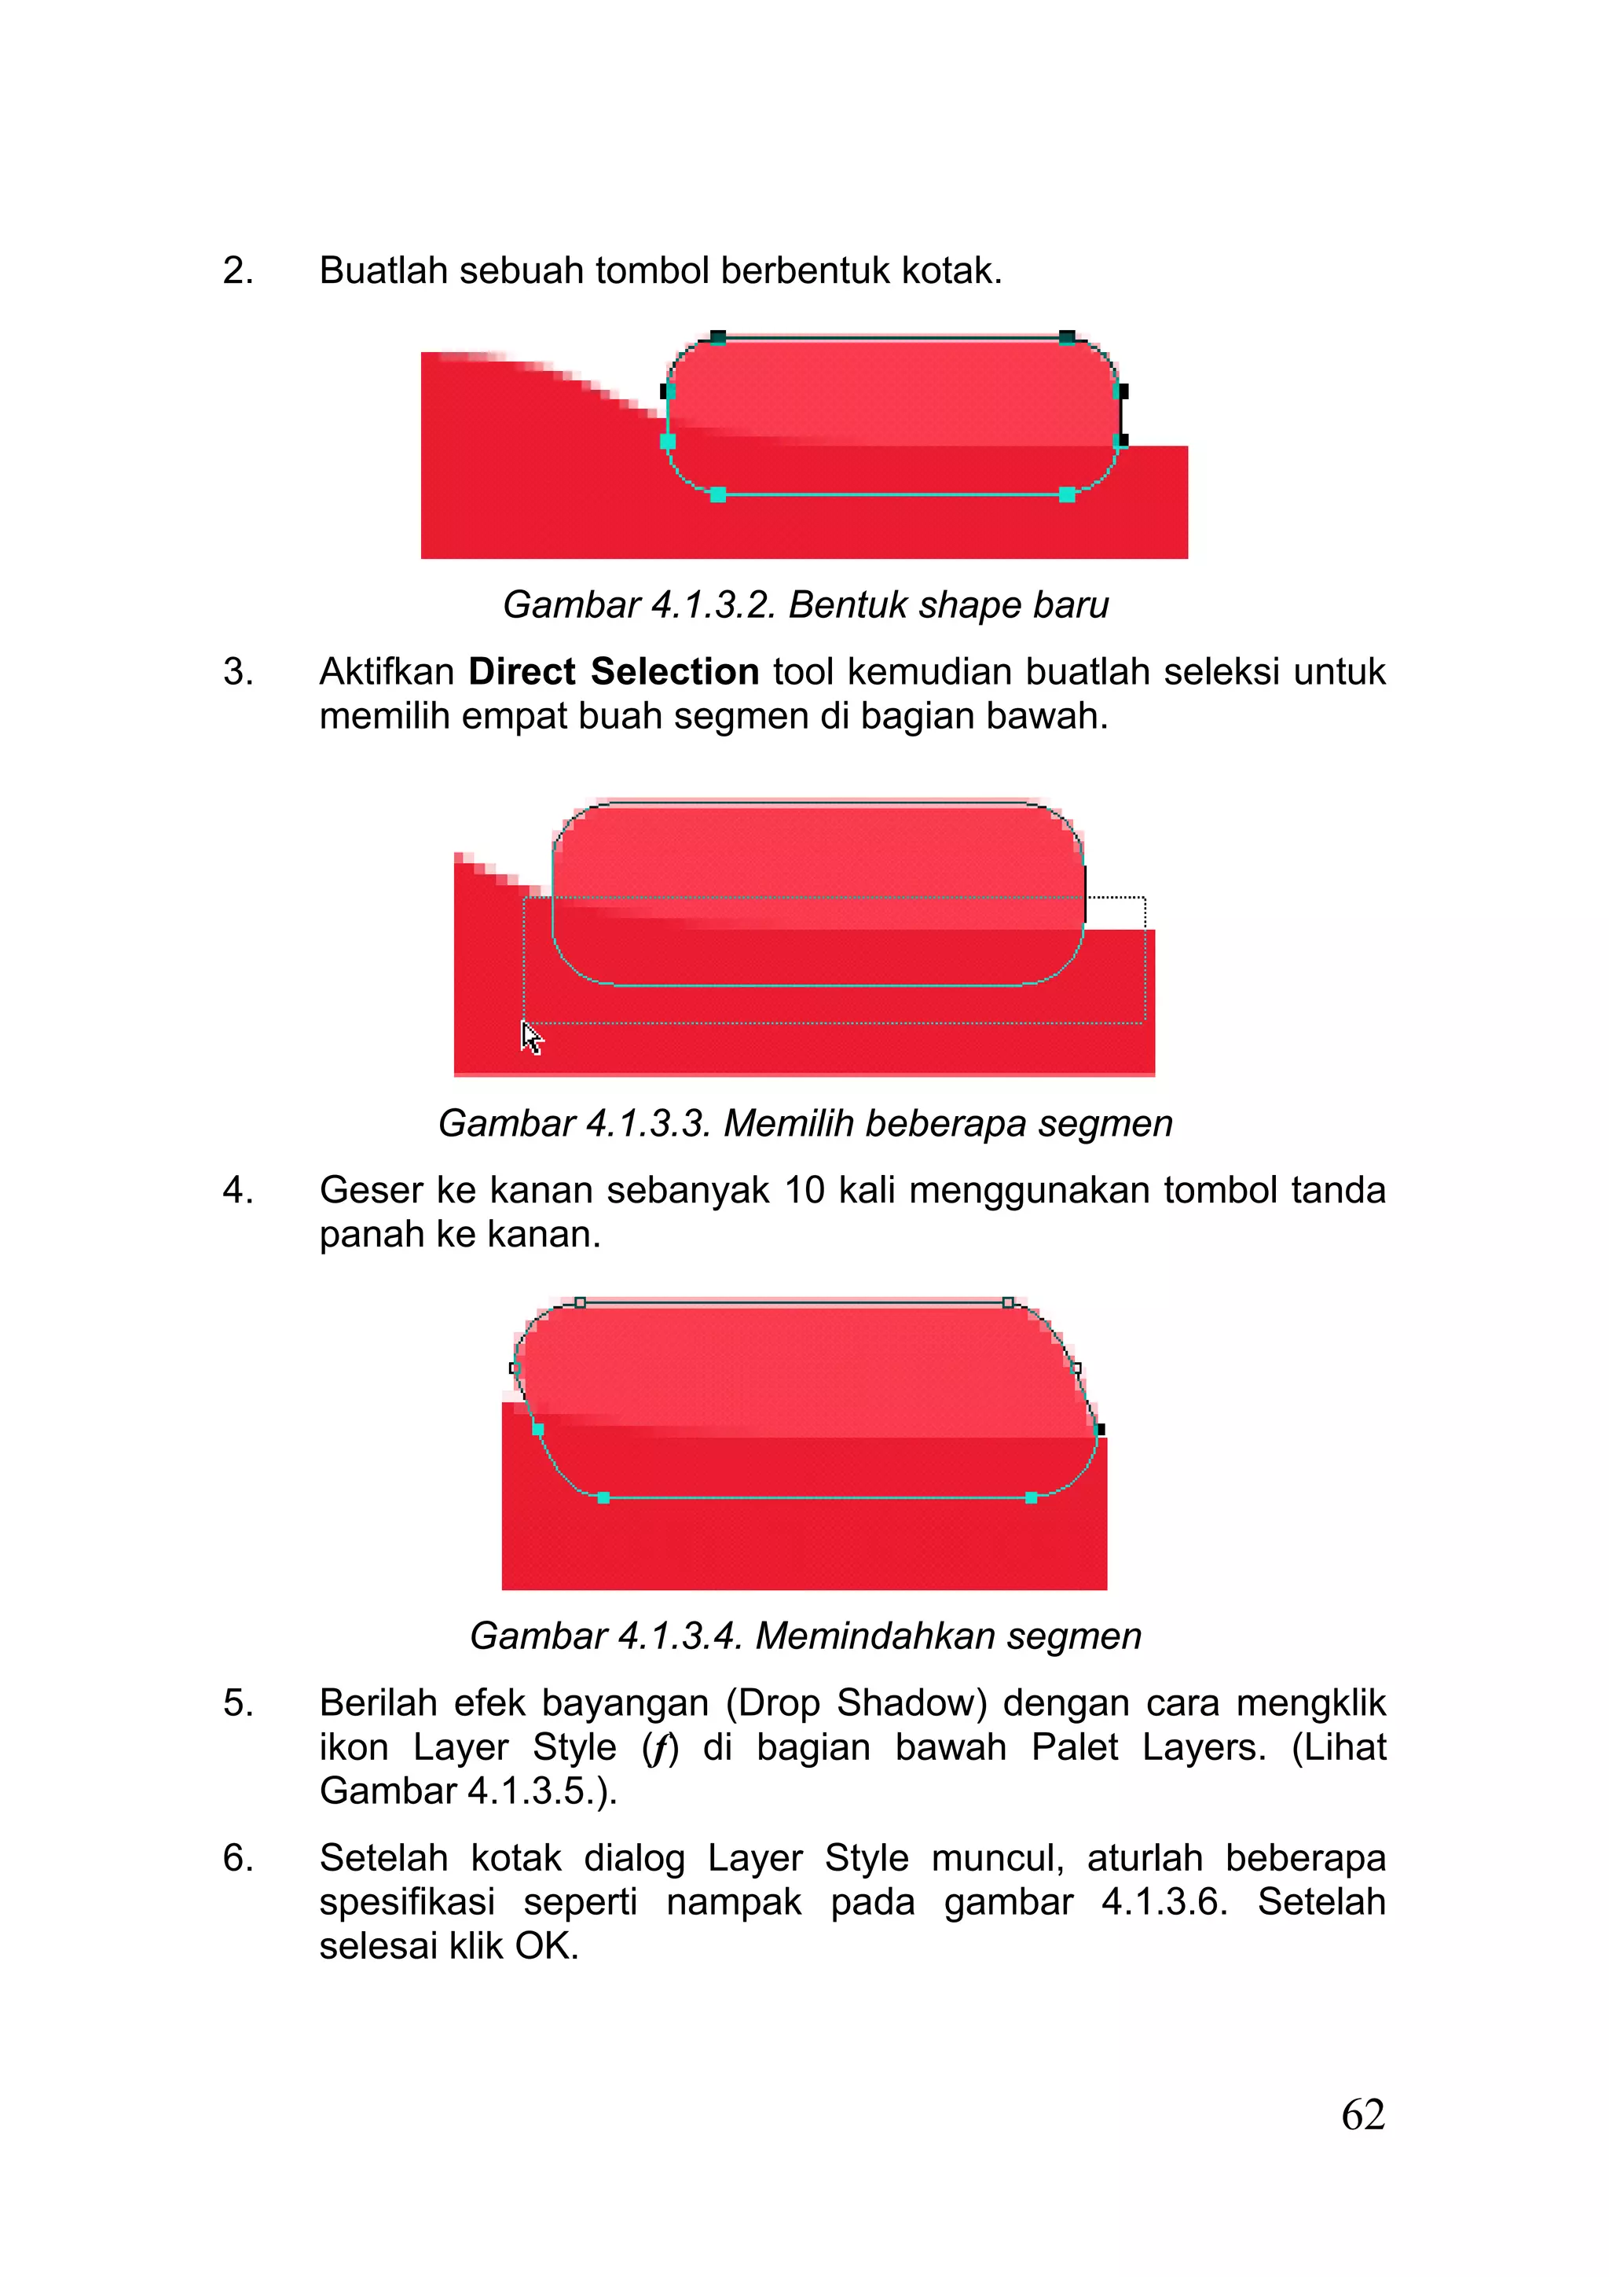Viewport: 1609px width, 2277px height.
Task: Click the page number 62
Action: coord(1362,2115)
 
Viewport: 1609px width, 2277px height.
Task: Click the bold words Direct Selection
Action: coord(613,671)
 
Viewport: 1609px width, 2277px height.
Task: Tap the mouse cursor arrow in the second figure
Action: coord(531,1038)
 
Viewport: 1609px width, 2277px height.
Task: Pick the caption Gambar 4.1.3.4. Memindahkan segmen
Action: coord(805,1636)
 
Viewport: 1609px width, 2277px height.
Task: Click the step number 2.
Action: coord(238,270)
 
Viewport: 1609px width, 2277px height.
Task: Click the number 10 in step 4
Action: coord(804,1190)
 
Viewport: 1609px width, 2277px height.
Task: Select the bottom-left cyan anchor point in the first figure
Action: coord(718,494)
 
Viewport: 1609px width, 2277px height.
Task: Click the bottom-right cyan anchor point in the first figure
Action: coord(1067,494)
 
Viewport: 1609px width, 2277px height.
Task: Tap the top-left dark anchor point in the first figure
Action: coord(718,337)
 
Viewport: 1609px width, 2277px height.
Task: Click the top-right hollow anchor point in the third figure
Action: coord(1008,1302)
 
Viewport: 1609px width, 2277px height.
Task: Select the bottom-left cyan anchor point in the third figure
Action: coord(603,1497)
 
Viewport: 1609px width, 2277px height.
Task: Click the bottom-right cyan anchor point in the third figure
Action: coord(1031,1497)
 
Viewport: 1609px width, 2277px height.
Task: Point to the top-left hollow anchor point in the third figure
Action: coord(580,1302)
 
